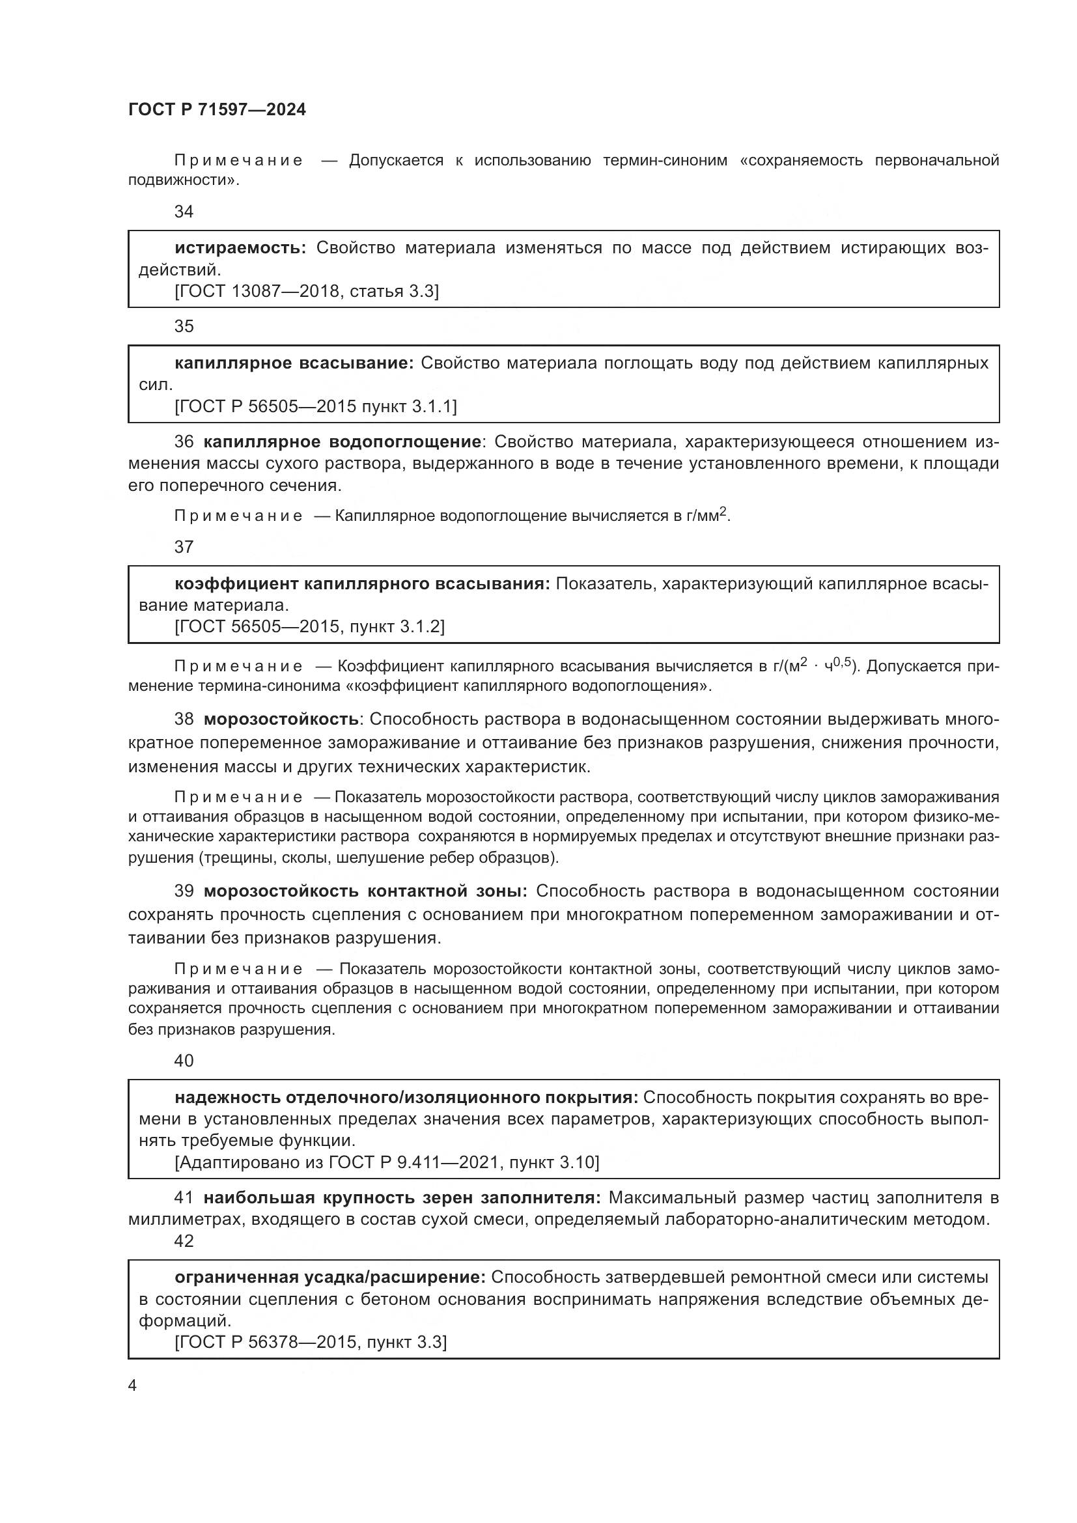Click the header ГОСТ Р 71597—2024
(x=217, y=110)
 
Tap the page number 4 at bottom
(x=133, y=1385)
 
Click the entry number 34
(x=184, y=212)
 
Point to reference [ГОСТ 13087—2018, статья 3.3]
(x=307, y=291)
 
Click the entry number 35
(x=184, y=326)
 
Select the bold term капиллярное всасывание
(x=294, y=363)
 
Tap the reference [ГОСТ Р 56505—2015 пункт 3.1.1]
(x=316, y=406)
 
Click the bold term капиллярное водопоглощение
(x=343, y=441)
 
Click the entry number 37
(x=184, y=546)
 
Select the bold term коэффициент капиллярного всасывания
(x=362, y=583)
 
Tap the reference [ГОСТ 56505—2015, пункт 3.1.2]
(x=309, y=626)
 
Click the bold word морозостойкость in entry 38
(x=281, y=719)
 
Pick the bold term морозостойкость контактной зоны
(x=365, y=891)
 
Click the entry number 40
(x=184, y=1061)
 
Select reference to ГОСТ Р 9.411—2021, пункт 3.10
(x=387, y=1162)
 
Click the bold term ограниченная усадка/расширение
(x=330, y=1277)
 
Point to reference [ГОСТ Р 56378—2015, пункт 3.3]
(x=311, y=1342)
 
